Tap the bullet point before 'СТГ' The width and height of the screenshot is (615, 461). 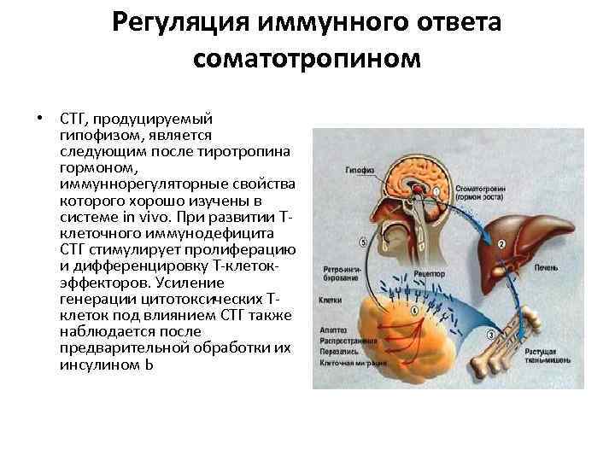point(38,117)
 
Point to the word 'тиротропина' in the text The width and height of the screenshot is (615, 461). point(248,151)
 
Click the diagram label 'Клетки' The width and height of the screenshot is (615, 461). point(330,301)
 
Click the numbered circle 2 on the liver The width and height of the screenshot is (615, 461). point(501,245)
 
